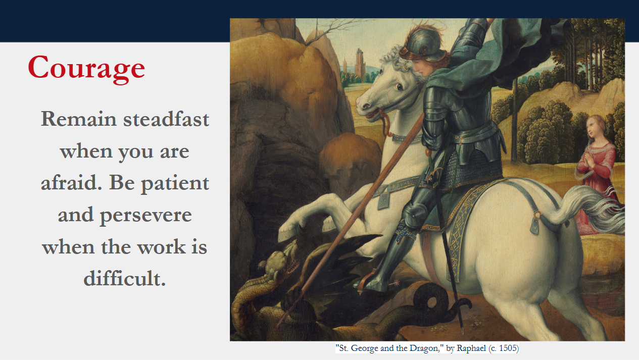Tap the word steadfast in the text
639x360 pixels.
coord(166,119)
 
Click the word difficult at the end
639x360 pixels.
coord(125,278)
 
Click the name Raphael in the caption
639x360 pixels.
coord(471,348)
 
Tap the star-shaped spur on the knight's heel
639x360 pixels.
coord(396,283)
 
